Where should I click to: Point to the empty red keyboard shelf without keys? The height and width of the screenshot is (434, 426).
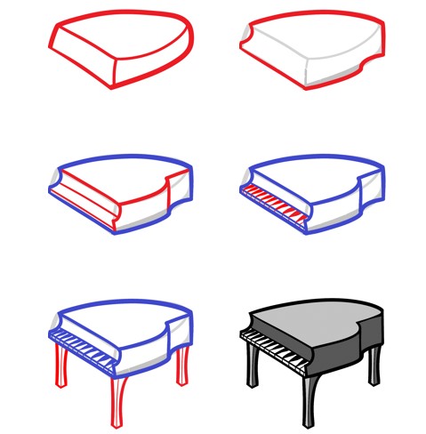pos(84,205)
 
